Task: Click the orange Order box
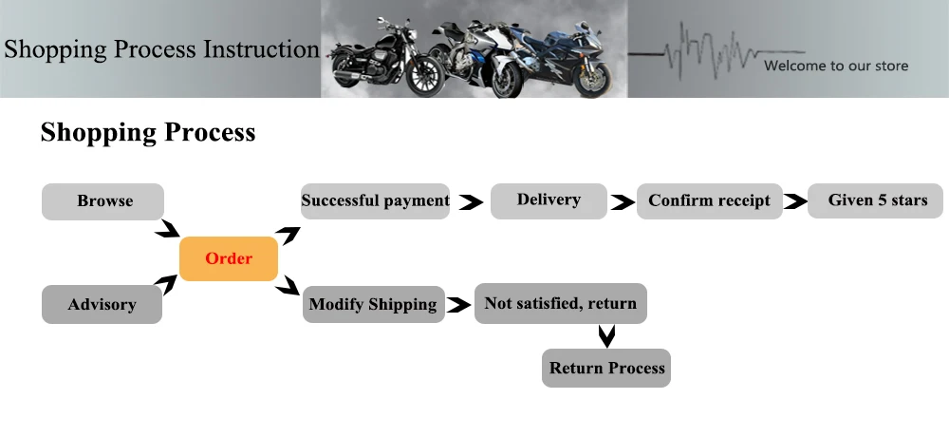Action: click(229, 258)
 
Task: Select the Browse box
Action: click(102, 201)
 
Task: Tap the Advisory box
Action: click(102, 304)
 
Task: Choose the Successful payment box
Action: click(375, 200)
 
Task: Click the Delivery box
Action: click(549, 200)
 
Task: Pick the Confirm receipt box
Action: click(709, 200)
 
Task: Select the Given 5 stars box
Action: click(875, 200)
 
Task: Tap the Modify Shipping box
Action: click(373, 304)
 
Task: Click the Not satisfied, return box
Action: click(561, 303)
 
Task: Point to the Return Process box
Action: click(606, 368)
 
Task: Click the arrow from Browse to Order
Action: click(168, 229)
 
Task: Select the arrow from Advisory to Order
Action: click(167, 284)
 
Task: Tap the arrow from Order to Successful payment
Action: click(288, 235)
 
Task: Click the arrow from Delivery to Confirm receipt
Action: click(623, 201)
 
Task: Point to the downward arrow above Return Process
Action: click(606, 336)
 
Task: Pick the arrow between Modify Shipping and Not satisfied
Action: click(459, 305)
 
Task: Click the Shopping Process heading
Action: click(148, 132)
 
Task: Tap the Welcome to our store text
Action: click(836, 66)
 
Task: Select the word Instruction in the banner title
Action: click(262, 49)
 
